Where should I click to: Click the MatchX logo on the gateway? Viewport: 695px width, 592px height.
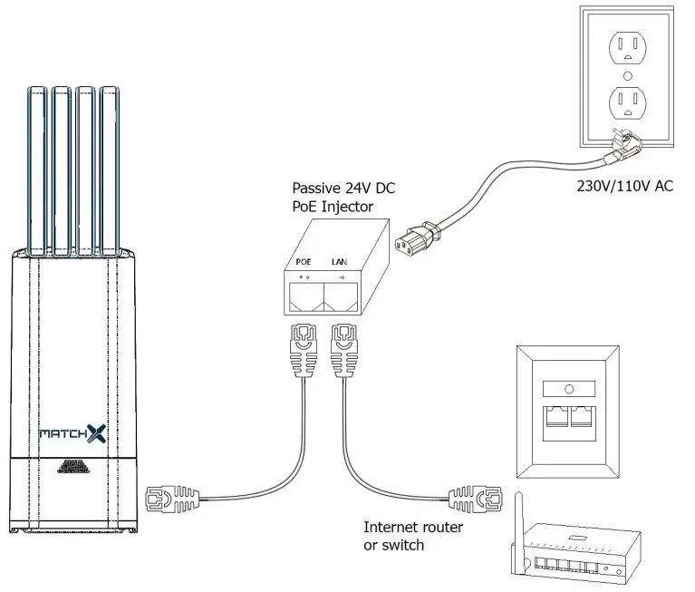72,433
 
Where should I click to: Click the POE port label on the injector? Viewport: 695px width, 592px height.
304,261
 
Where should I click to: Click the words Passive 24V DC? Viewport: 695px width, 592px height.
343,189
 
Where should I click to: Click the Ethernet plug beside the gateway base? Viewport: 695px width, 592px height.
167,498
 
